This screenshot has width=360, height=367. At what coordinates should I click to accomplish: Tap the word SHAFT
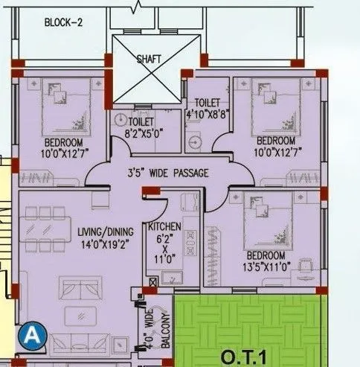point(149,60)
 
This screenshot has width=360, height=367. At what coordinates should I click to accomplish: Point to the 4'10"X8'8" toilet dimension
point(208,115)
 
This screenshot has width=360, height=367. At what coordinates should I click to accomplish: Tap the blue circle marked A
point(32,334)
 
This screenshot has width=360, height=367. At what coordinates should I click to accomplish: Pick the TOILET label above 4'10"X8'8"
point(208,103)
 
